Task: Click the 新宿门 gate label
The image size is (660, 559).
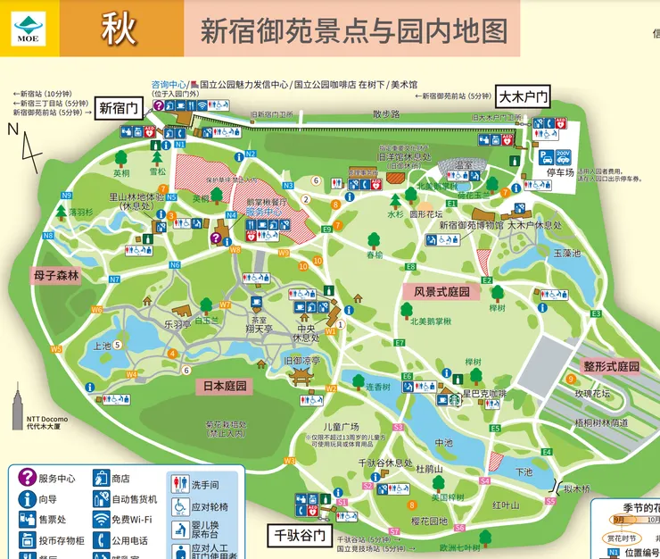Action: (119, 108)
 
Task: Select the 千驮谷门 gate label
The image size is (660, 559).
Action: (299, 535)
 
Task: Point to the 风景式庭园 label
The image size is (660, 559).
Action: (441, 291)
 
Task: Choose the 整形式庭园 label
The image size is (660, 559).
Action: (611, 366)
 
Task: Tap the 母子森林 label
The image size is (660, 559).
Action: (56, 276)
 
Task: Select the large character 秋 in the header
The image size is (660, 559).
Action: (120, 29)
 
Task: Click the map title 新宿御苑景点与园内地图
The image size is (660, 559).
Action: (352, 31)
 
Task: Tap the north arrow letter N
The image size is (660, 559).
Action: (12, 129)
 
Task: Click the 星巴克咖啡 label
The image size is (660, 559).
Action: (483, 394)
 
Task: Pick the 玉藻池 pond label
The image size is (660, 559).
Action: (566, 253)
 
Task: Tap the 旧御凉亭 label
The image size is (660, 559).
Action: (301, 360)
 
